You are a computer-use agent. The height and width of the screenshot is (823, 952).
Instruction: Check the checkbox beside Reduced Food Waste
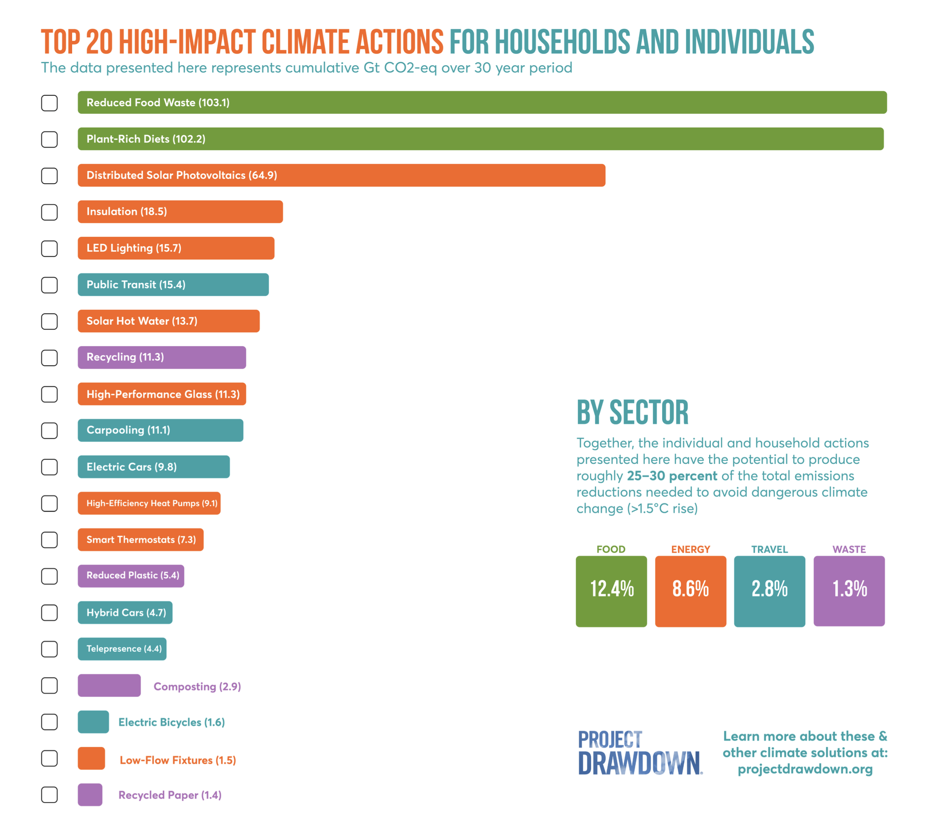(49, 103)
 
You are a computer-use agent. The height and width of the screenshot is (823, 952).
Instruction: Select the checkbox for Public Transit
(49, 285)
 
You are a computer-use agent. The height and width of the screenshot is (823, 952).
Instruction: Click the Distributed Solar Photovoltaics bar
(341, 175)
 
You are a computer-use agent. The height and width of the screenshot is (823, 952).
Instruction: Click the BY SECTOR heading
(632, 412)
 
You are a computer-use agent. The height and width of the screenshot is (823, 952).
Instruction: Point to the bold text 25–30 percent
(672, 476)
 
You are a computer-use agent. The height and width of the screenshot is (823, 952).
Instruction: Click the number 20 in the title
(99, 42)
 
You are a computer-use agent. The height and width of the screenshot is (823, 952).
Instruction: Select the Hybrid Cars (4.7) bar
(125, 613)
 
